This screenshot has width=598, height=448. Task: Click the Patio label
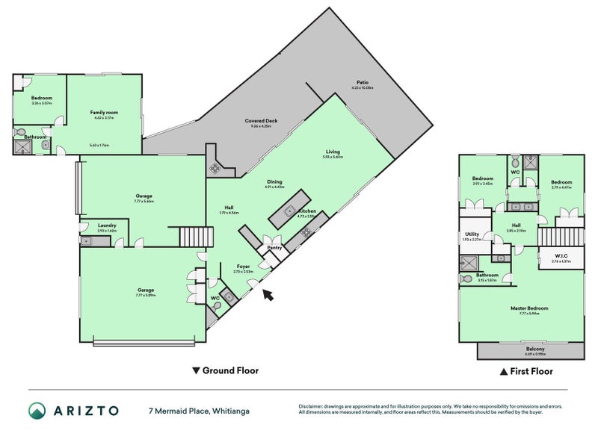362,82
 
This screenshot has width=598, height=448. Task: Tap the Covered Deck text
258,121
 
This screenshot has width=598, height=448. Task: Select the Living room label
333,152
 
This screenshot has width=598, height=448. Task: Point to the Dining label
274,181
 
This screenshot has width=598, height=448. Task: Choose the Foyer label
244,266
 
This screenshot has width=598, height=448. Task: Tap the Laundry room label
108,225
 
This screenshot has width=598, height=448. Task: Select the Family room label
105,112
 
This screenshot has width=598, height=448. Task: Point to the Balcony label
534,349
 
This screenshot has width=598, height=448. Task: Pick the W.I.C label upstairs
561,256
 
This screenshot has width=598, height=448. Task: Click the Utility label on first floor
472,234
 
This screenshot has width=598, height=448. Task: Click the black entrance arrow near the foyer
268,296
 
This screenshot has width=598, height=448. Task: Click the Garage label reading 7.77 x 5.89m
145,290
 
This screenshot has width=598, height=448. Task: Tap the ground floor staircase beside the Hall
197,238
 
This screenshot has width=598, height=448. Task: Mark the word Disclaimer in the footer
313,407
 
